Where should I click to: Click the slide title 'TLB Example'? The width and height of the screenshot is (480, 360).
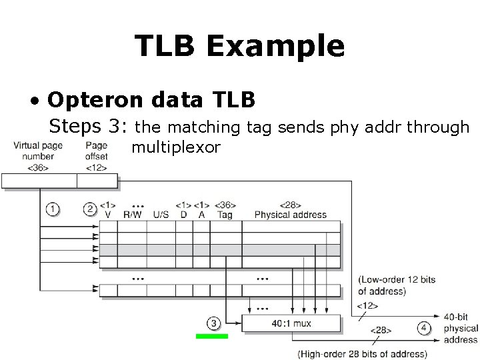pyautogui.click(x=239, y=46)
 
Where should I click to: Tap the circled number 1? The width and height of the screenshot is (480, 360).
pyautogui.click(x=53, y=209)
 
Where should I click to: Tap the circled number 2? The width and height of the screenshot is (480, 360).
pyautogui.click(x=89, y=209)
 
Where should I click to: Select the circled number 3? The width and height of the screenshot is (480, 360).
pyautogui.click(x=213, y=323)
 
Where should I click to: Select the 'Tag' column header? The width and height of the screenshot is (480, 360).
pyautogui.click(x=225, y=215)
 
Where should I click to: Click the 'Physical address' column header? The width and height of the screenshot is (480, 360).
pyautogui.click(x=291, y=215)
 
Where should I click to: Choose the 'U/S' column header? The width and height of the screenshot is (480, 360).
pyautogui.click(x=161, y=215)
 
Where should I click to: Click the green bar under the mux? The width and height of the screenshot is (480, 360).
pyautogui.click(x=212, y=337)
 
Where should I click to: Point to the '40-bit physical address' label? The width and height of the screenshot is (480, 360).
pyautogui.click(x=461, y=329)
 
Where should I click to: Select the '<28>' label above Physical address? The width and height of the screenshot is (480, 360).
pyautogui.click(x=290, y=205)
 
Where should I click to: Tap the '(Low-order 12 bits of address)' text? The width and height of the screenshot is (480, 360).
pyautogui.click(x=396, y=285)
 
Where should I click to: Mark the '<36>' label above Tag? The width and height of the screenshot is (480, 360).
pyautogui.click(x=225, y=205)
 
